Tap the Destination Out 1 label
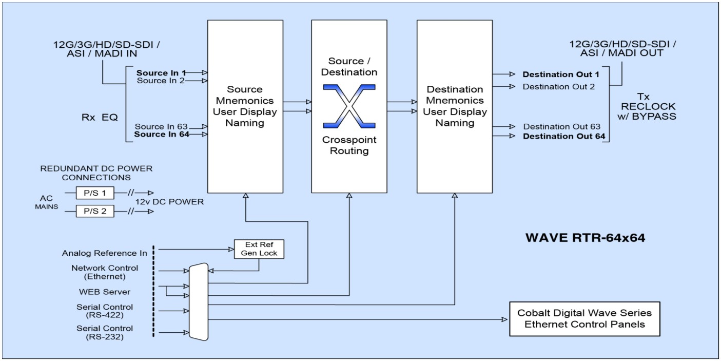pyautogui.click(x=561, y=74)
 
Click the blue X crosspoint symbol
pyautogui.click(x=348, y=107)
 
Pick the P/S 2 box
pyautogui.click(x=95, y=211)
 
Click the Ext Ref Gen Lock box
pyautogui.click(x=258, y=249)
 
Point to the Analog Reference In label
pyautogui.click(x=105, y=253)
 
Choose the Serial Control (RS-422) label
pyautogui.click(x=105, y=311)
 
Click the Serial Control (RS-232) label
pyautogui.click(x=105, y=332)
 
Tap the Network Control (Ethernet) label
pyautogui.click(x=105, y=272)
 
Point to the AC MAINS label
pyautogui.click(x=47, y=202)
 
